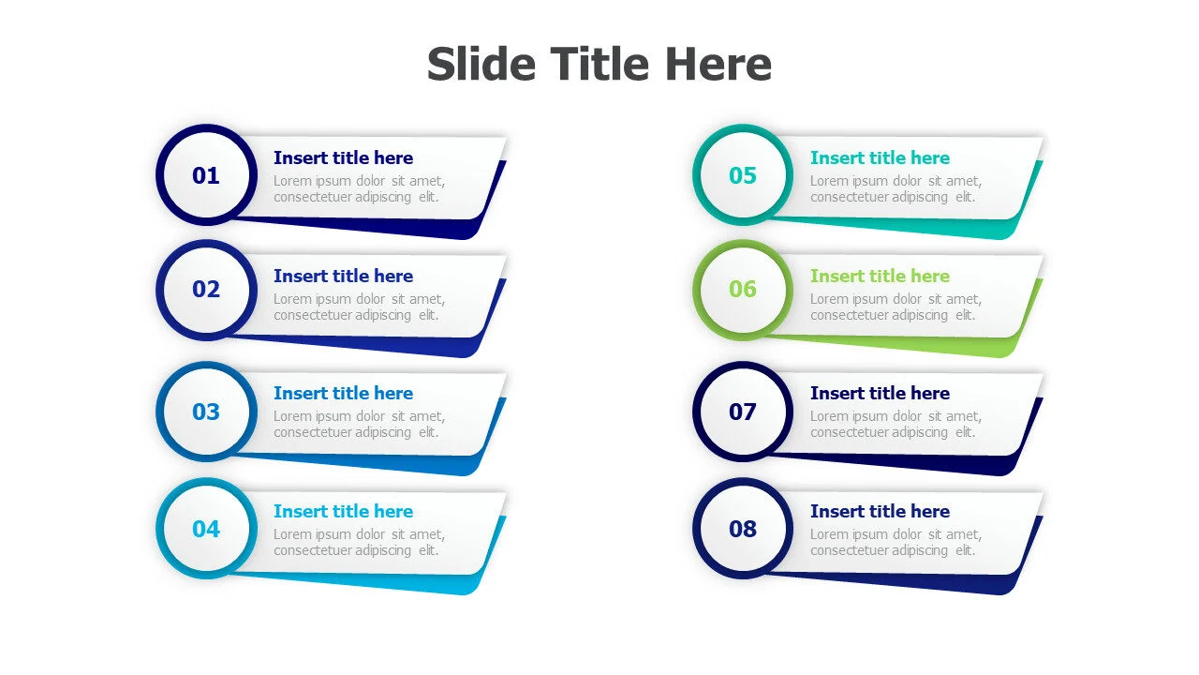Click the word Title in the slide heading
point(599,64)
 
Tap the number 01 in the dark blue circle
point(205,175)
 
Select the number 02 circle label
point(205,290)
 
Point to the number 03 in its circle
point(205,412)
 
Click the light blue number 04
point(205,530)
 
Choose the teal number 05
point(743,175)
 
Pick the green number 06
point(743,290)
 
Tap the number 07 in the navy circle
point(743,412)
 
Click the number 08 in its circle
point(743,530)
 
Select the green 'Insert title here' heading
point(880,276)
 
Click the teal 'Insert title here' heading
point(880,158)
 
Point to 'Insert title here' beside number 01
point(343,158)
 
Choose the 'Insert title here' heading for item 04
point(343,512)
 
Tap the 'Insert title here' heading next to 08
point(880,512)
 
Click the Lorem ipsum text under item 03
point(359,425)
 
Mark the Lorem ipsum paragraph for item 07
point(896,425)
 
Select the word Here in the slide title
point(718,64)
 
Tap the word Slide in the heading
point(481,64)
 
